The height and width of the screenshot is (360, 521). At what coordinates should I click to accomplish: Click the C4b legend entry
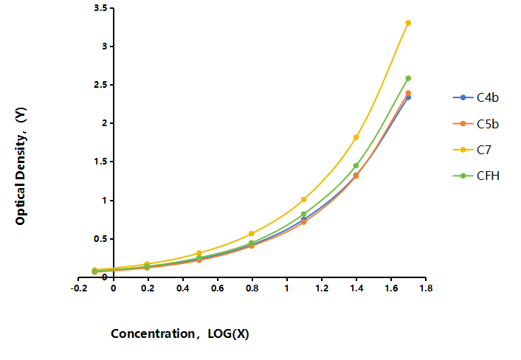click(x=476, y=97)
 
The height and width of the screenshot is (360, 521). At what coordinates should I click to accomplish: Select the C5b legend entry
click(x=476, y=124)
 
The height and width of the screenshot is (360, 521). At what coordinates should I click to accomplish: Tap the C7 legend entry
click(x=472, y=150)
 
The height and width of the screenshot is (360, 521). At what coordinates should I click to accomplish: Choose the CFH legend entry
click(x=476, y=176)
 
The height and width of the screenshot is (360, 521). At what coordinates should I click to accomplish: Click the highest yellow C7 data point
click(x=408, y=23)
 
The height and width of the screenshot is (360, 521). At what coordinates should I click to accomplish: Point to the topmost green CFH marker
click(x=408, y=78)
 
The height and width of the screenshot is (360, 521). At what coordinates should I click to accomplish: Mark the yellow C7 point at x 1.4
click(x=356, y=137)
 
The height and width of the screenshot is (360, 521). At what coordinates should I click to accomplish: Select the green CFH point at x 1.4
click(x=356, y=165)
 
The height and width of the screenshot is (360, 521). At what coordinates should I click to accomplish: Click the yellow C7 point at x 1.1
click(x=303, y=200)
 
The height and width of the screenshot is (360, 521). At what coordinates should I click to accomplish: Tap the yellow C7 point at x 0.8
click(x=251, y=234)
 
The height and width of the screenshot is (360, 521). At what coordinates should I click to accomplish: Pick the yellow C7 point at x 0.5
click(x=199, y=253)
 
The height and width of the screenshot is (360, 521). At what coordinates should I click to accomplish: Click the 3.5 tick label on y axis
click(x=100, y=8)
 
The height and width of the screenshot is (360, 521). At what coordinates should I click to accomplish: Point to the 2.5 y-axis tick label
click(x=100, y=85)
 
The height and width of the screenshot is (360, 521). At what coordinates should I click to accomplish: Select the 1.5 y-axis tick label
click(x=100, y=162)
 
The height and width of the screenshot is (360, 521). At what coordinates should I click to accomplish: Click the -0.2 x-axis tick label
click(x=79, y=288)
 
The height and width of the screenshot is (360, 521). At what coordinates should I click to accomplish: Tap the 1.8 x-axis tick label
click(x=426, y=288)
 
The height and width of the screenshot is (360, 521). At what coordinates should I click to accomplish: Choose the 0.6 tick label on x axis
click(x=217, y=288)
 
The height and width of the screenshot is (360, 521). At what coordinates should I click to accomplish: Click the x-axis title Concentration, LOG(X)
click(x=180, y=333)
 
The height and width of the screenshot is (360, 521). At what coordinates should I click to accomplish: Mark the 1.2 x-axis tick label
click(x=322, y=288)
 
